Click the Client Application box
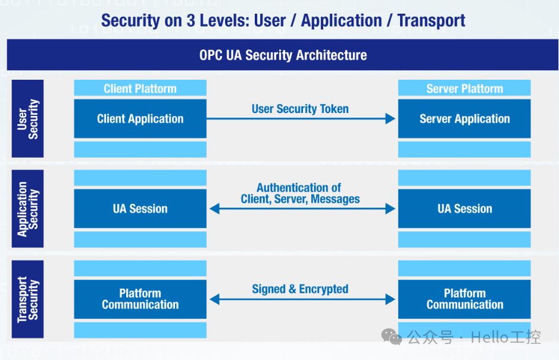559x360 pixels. (x=140, y=118)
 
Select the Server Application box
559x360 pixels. (x=464, y=118)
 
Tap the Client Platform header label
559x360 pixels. (x=140, y=89)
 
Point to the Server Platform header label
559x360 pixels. (x=464, y=89)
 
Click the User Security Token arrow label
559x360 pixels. (x=300, y=109)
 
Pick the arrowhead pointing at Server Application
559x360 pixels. (x=391, y=118)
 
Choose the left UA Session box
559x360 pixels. (x=140, y=208)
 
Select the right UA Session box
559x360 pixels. (x=464, y=208)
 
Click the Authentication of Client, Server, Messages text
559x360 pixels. (x=300, y=193)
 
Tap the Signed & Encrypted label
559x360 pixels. (x=300, y=289)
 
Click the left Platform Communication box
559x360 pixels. (x=140, y=299)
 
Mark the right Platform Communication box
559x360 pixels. (x=464, y=299)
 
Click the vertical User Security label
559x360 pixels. (x=28, y=118)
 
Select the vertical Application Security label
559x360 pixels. (x=28, y=209)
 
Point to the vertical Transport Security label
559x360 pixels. (x=28, y=299)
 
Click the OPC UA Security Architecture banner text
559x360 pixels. (x=283, y=55)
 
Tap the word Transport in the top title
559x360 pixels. (x=431, y=20)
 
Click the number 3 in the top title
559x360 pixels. (x=191, y=20)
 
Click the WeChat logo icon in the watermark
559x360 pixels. (x=392, y=336)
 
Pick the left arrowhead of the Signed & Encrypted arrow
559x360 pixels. (x=215, y=299)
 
